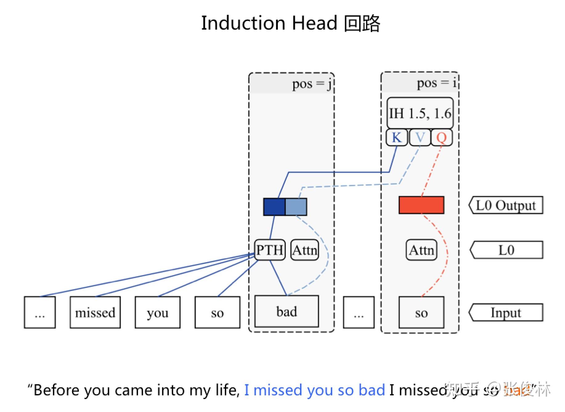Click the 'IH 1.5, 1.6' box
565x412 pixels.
tap(420, 113)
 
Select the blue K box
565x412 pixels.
tap(397, 138)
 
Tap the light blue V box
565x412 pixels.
tap(420, 138)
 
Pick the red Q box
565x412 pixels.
tap(441, 138)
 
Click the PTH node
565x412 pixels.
tap(270, 250)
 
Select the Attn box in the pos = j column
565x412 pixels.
tap(305, 250)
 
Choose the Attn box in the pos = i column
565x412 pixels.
tap(421, 250)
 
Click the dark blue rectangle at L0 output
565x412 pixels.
tap(274, 207)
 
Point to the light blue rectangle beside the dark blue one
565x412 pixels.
tap(296, 207)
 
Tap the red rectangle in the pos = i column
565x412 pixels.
tap(421, 205)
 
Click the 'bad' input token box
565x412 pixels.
tap(287, 311)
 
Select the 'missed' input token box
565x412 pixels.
tap(95, 312)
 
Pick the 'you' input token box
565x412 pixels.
tap(157, 312)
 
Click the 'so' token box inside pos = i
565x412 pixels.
tap(421, 312)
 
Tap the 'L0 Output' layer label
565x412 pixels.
tap(506, 205)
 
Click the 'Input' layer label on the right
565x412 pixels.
tap(506, 312)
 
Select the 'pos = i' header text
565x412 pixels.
tap(436, 83)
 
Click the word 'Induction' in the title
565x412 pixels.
tap(243, 23)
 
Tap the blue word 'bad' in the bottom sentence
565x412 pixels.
tap(372, 390)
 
